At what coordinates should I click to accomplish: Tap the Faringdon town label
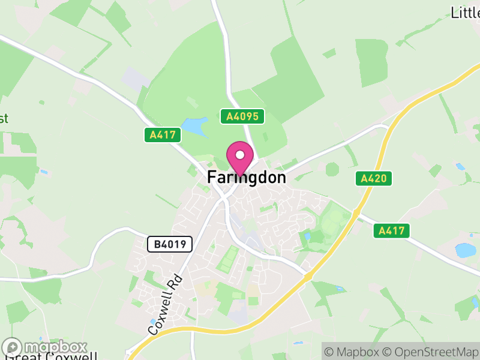(x=247, y=178)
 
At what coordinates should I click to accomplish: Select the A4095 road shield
(x=242, y=116)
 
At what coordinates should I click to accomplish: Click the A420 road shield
(x=373, y=178)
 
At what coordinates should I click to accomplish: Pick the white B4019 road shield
(x=170, y=244)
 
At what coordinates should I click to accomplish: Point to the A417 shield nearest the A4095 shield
(x=163, y=135)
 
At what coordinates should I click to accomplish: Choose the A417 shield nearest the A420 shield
(x=391, y=230)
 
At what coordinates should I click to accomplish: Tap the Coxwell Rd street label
(x=165, y=305)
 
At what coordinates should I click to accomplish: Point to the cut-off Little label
(x=464, y=12)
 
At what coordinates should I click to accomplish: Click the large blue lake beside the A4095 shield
(x=194, y=127)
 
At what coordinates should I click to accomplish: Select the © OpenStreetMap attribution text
(x=432, y=352)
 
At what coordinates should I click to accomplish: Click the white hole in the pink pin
(x=240, y=155)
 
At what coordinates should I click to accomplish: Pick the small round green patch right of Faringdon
(x=332, y=169)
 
